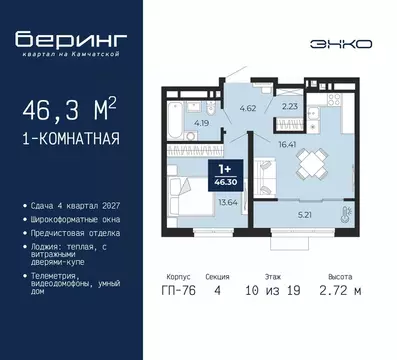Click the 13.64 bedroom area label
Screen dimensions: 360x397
[x=226, y=201]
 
